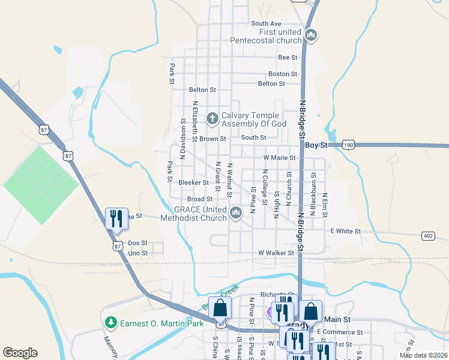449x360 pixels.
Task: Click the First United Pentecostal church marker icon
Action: (x=311, y=35)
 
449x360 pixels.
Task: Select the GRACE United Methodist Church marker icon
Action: (x=236, y=212)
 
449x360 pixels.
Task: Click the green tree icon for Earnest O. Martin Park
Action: (x=110, y=323)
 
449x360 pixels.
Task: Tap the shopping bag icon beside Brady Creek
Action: (x=220, y=308)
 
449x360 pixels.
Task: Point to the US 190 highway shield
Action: (x=348, y=145)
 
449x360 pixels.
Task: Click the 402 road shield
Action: (x=427, y=235)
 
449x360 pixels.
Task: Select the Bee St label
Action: (x=288, y=57)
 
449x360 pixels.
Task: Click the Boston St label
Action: (x=282, y=74)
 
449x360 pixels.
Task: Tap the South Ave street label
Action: (x=266, y=23)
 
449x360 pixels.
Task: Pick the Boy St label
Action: (x=316, y=145)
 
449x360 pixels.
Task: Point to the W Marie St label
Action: (x=280, y=158)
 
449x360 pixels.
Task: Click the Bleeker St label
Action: (x=193, y=182)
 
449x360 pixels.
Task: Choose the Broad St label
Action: (x=200, y=199)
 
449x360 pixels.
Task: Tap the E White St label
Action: (x=345, y=231)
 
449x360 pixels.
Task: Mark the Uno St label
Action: (x=137, y=253)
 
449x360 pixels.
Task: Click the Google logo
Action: (x=20, y=353)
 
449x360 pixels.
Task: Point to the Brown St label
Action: (x=213, y=138)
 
